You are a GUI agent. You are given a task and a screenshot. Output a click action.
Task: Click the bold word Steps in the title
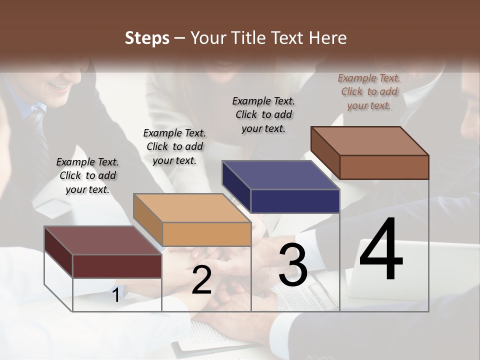tap(147, 38)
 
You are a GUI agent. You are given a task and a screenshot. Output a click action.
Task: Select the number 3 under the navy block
tap(292, 265)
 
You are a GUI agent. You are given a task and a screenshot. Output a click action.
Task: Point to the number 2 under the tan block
tap(201, 280)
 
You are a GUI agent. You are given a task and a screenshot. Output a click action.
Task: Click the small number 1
tap(115, 295)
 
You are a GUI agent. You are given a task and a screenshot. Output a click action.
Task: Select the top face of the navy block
tap(280, 175)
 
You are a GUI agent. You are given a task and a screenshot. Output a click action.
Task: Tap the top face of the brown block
tap(369, 141)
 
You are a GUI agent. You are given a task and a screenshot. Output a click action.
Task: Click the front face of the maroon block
tap(117, 266)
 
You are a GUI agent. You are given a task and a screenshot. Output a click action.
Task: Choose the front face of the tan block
tap(206, 234)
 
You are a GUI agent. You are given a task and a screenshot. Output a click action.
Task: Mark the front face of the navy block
tap(295, 201)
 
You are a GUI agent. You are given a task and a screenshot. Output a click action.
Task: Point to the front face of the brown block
tap(384, 167)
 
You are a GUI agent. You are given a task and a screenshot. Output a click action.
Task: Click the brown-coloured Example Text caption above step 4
tap(369, 91)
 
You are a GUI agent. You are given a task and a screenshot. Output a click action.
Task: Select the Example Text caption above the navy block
tap(263, 114)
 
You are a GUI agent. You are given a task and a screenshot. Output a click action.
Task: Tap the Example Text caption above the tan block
tap(174, 146)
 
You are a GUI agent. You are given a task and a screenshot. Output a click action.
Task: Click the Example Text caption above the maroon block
tap(87, 175)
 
